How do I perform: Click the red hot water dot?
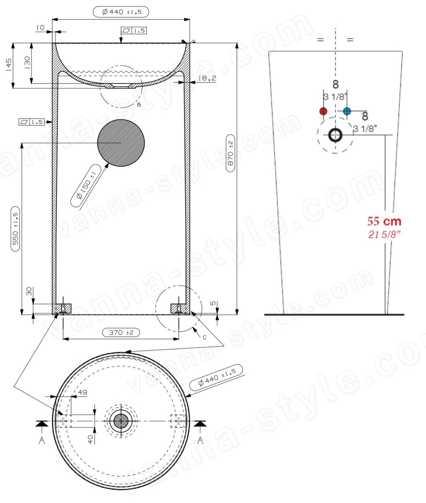coord(323,111)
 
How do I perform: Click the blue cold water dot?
coord(347,111)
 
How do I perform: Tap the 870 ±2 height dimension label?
coord(230,153)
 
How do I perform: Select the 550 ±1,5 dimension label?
coord(15,229)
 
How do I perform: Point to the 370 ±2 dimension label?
coord(121,332)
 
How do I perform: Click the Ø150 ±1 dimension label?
coord(86,186)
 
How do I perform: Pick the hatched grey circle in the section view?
coord(121,143)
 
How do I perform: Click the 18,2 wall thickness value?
coord(207,78)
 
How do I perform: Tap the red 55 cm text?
coord(384,221)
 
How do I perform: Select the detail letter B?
coord(139,104)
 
